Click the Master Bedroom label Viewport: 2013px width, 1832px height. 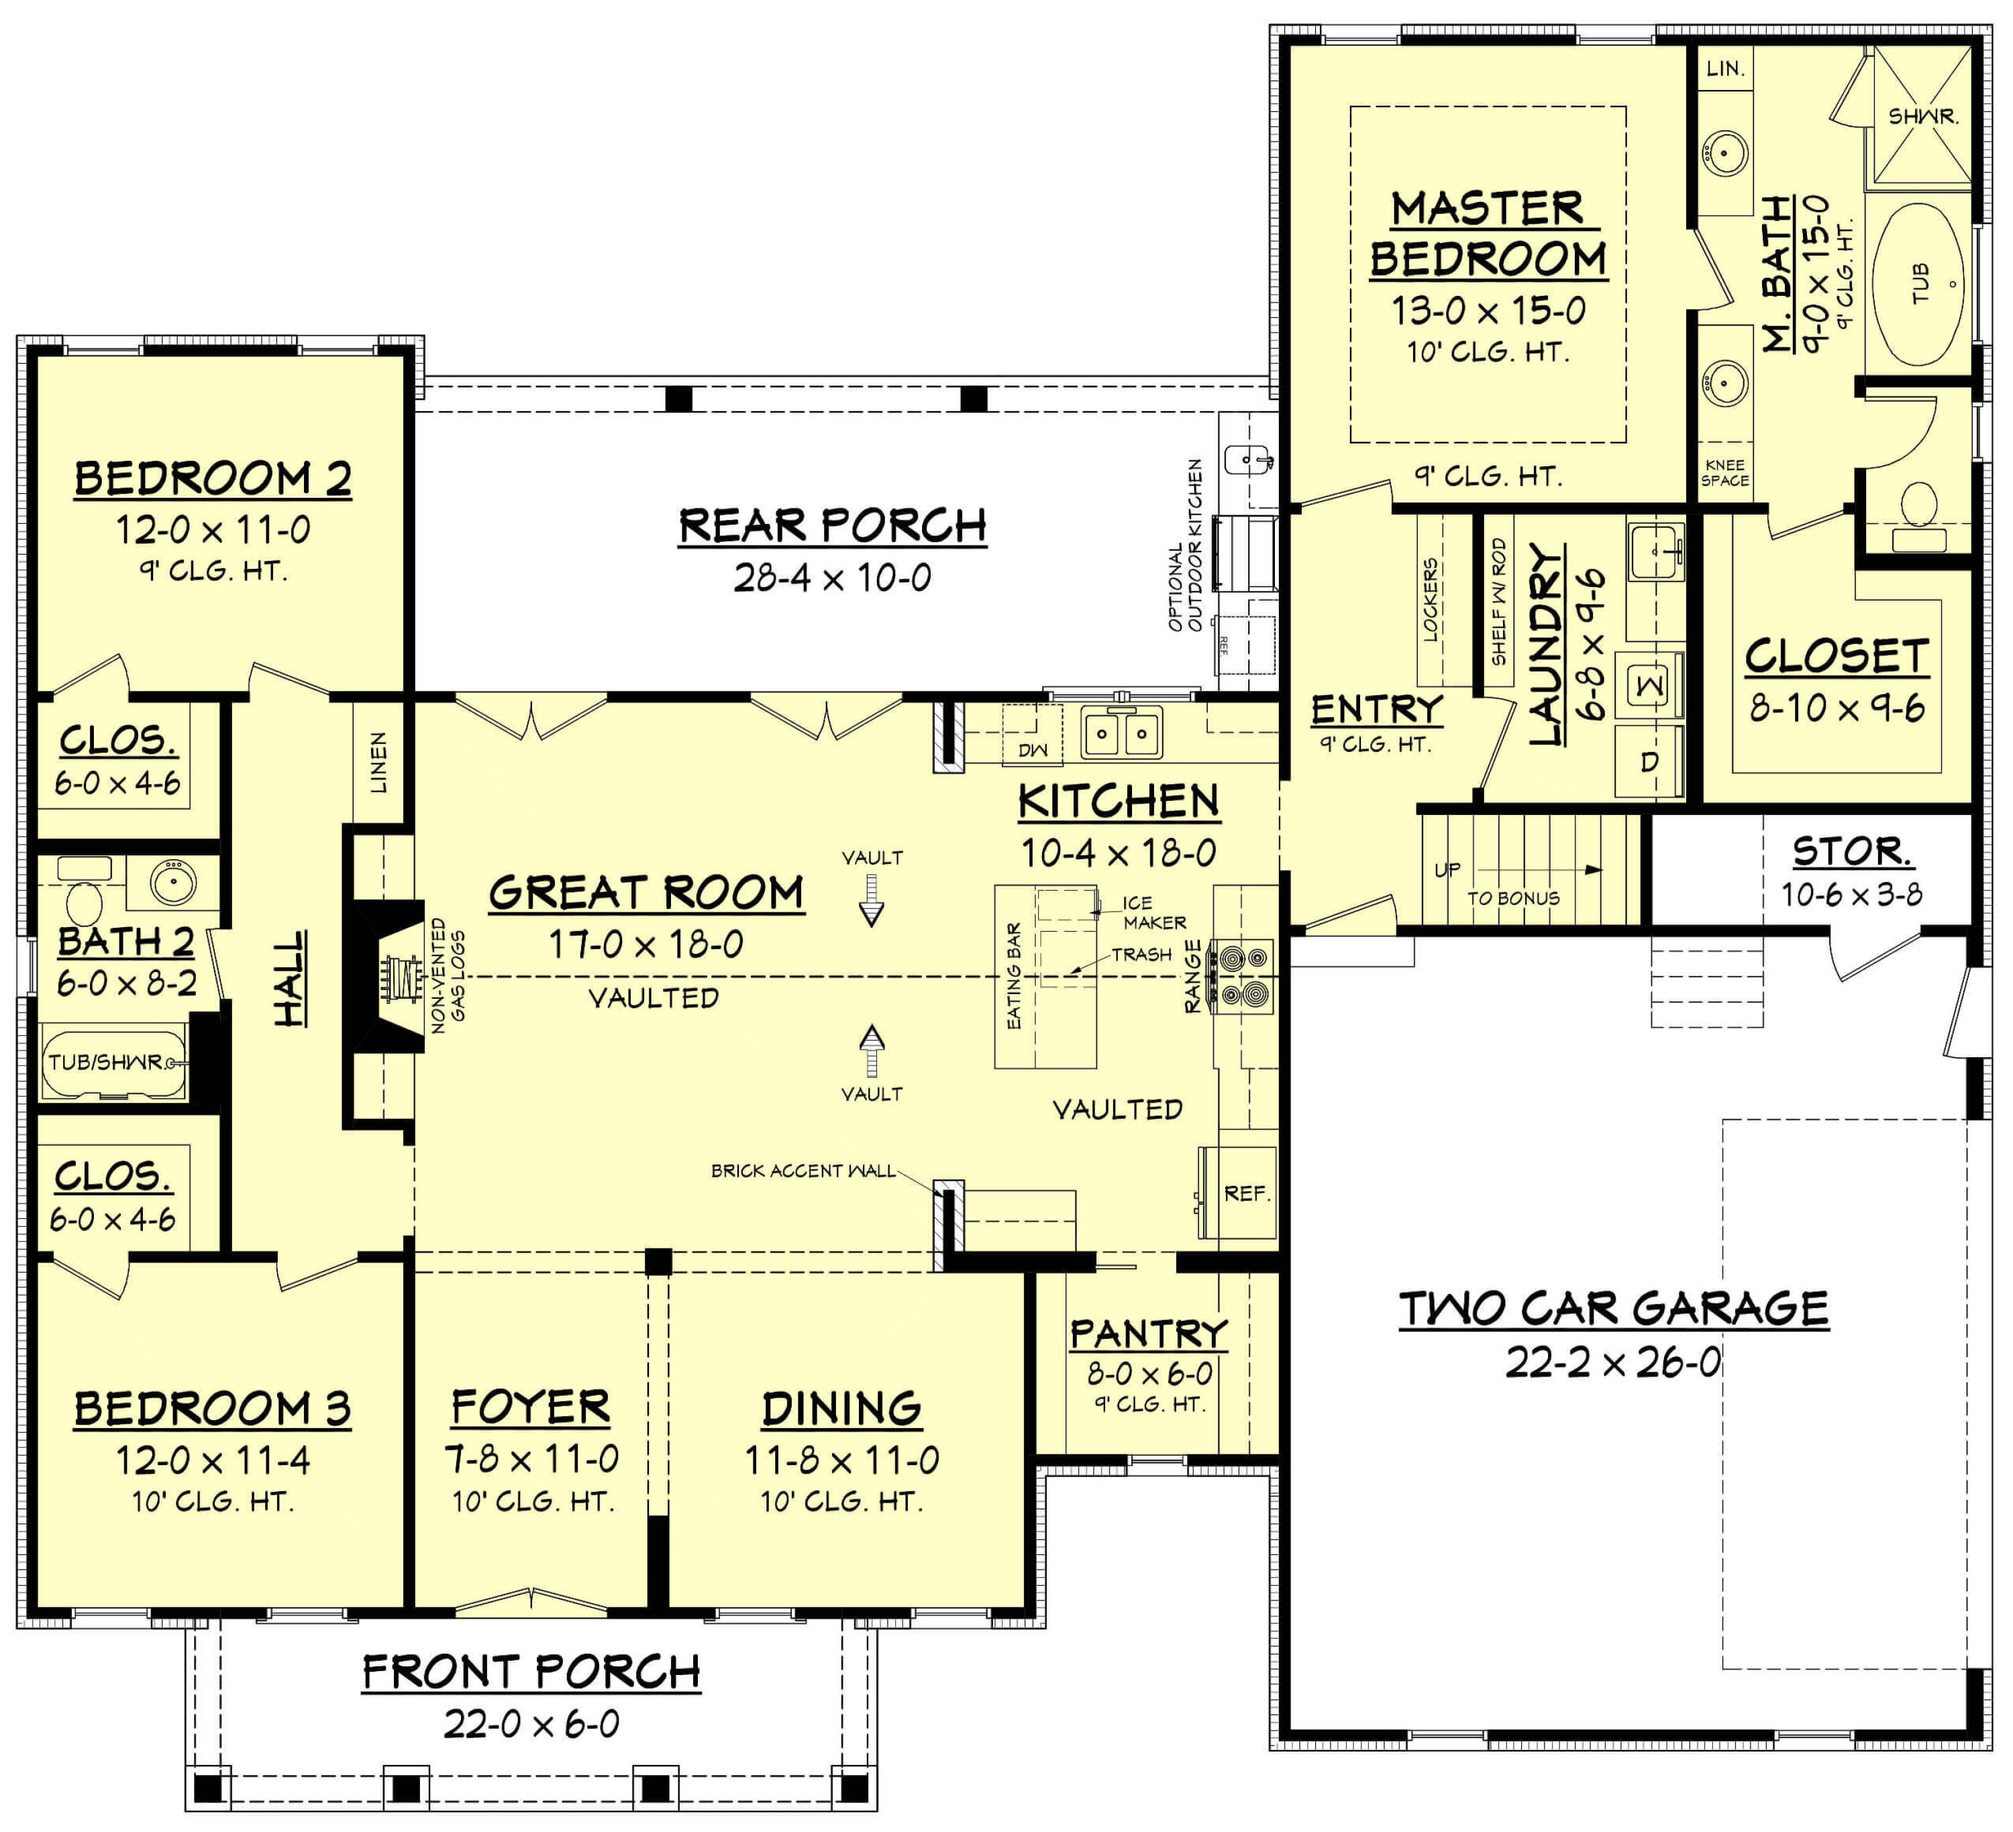point(1487,235)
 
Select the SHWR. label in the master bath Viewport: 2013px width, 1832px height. point(1922,117)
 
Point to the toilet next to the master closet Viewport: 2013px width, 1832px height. point(1918,504)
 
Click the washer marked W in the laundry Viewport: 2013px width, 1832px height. point(1649,685)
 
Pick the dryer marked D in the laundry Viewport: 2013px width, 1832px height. point(1649,761)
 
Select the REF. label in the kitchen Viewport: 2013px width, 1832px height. point(1246,1193)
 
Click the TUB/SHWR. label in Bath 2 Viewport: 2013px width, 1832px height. point(107,1061)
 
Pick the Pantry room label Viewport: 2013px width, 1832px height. point(1148,1333)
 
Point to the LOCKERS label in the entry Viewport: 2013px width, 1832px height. point(1430,599)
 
